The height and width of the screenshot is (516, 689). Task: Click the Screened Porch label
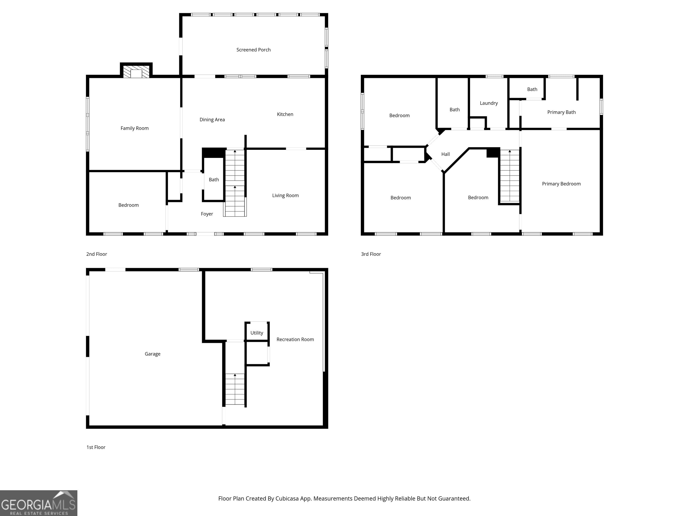pos(253,50)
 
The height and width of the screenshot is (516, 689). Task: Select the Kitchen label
pos(285,114)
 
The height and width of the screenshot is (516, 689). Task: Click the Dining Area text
pos(212,119)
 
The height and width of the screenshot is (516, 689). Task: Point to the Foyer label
pos(207,214)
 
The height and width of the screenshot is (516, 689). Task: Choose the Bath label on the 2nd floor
pos(214,179)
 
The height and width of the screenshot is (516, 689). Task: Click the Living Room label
pos(285,195)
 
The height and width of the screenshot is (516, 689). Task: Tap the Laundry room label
pos(488,103)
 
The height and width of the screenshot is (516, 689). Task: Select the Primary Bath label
pos(561,112)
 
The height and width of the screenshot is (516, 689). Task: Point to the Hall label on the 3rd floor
pos(445,154)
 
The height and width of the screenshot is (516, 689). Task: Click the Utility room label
pos(257,333)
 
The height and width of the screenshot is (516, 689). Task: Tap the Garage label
pos(152,354)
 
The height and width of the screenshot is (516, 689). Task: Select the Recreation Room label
pos(295,339)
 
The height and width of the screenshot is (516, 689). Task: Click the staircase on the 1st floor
pos(235,389)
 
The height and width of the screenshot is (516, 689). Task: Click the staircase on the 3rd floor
pos(510,176)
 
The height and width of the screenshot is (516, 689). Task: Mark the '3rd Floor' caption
pos(371,254)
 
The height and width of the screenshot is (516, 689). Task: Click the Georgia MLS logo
pos(39,503)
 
